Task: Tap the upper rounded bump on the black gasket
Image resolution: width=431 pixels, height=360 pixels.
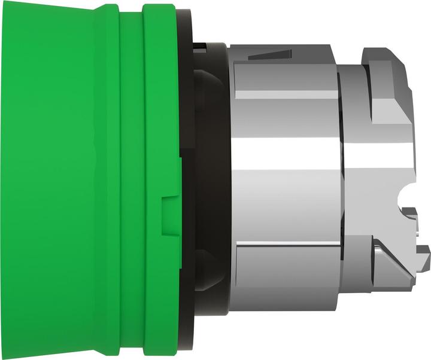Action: click(x=207, y=90)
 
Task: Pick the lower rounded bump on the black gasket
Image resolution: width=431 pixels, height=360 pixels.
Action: click(x=207, y=269)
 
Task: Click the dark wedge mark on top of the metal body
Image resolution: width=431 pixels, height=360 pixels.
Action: click(x=266, y=56)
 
